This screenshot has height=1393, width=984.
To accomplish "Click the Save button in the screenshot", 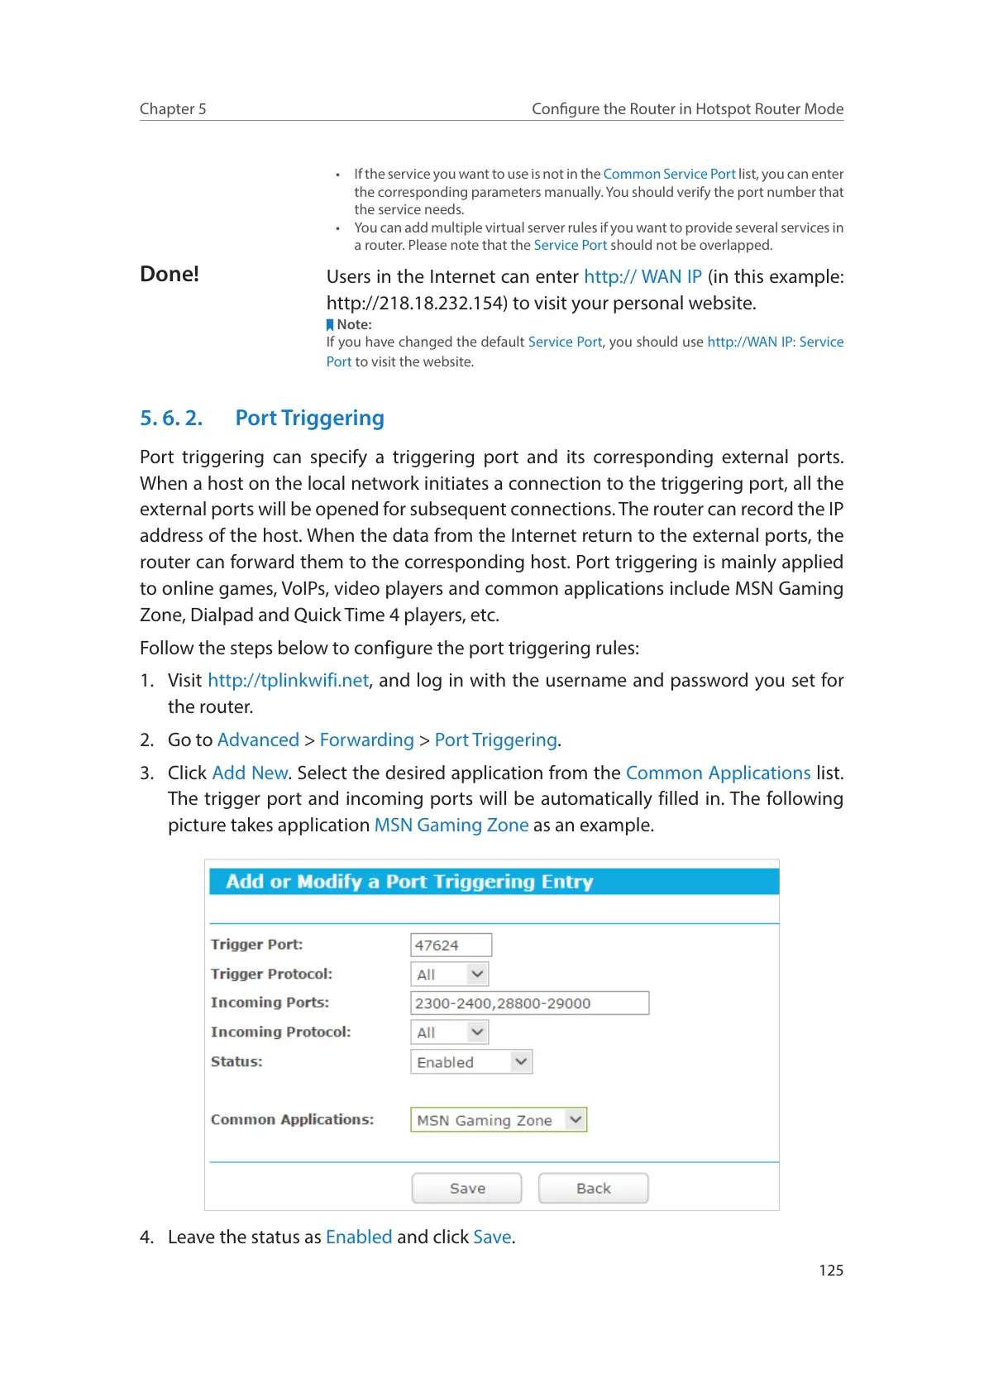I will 466,1188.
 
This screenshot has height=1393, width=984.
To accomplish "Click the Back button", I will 593,1188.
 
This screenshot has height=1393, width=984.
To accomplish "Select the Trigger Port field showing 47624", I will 451,945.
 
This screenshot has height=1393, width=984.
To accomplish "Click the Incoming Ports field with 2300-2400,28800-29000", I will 529,1003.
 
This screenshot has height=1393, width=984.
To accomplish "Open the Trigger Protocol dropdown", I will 450,974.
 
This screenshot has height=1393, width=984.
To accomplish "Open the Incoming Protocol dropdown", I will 450,1032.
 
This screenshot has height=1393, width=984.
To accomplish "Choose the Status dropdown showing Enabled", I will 471,1061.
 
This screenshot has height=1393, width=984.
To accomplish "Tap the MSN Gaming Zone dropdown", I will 499,1119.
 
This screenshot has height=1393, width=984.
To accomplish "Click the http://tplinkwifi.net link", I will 288,680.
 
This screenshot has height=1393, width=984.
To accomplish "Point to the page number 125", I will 831,1270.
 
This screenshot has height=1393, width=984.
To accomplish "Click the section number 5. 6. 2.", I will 171,418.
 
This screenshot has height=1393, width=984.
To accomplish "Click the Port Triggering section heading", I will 309,418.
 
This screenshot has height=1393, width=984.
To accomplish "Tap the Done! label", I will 170,274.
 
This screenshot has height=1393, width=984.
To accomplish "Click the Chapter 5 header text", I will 173,108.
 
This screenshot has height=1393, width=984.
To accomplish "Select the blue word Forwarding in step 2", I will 366,740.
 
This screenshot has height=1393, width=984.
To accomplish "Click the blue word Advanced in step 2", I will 258,740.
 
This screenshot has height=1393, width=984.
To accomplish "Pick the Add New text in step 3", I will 250,773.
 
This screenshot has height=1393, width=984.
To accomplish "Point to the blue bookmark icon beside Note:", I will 330,325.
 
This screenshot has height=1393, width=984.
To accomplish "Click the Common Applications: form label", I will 292,1119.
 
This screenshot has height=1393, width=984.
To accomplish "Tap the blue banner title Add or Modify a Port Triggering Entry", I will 409,881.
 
